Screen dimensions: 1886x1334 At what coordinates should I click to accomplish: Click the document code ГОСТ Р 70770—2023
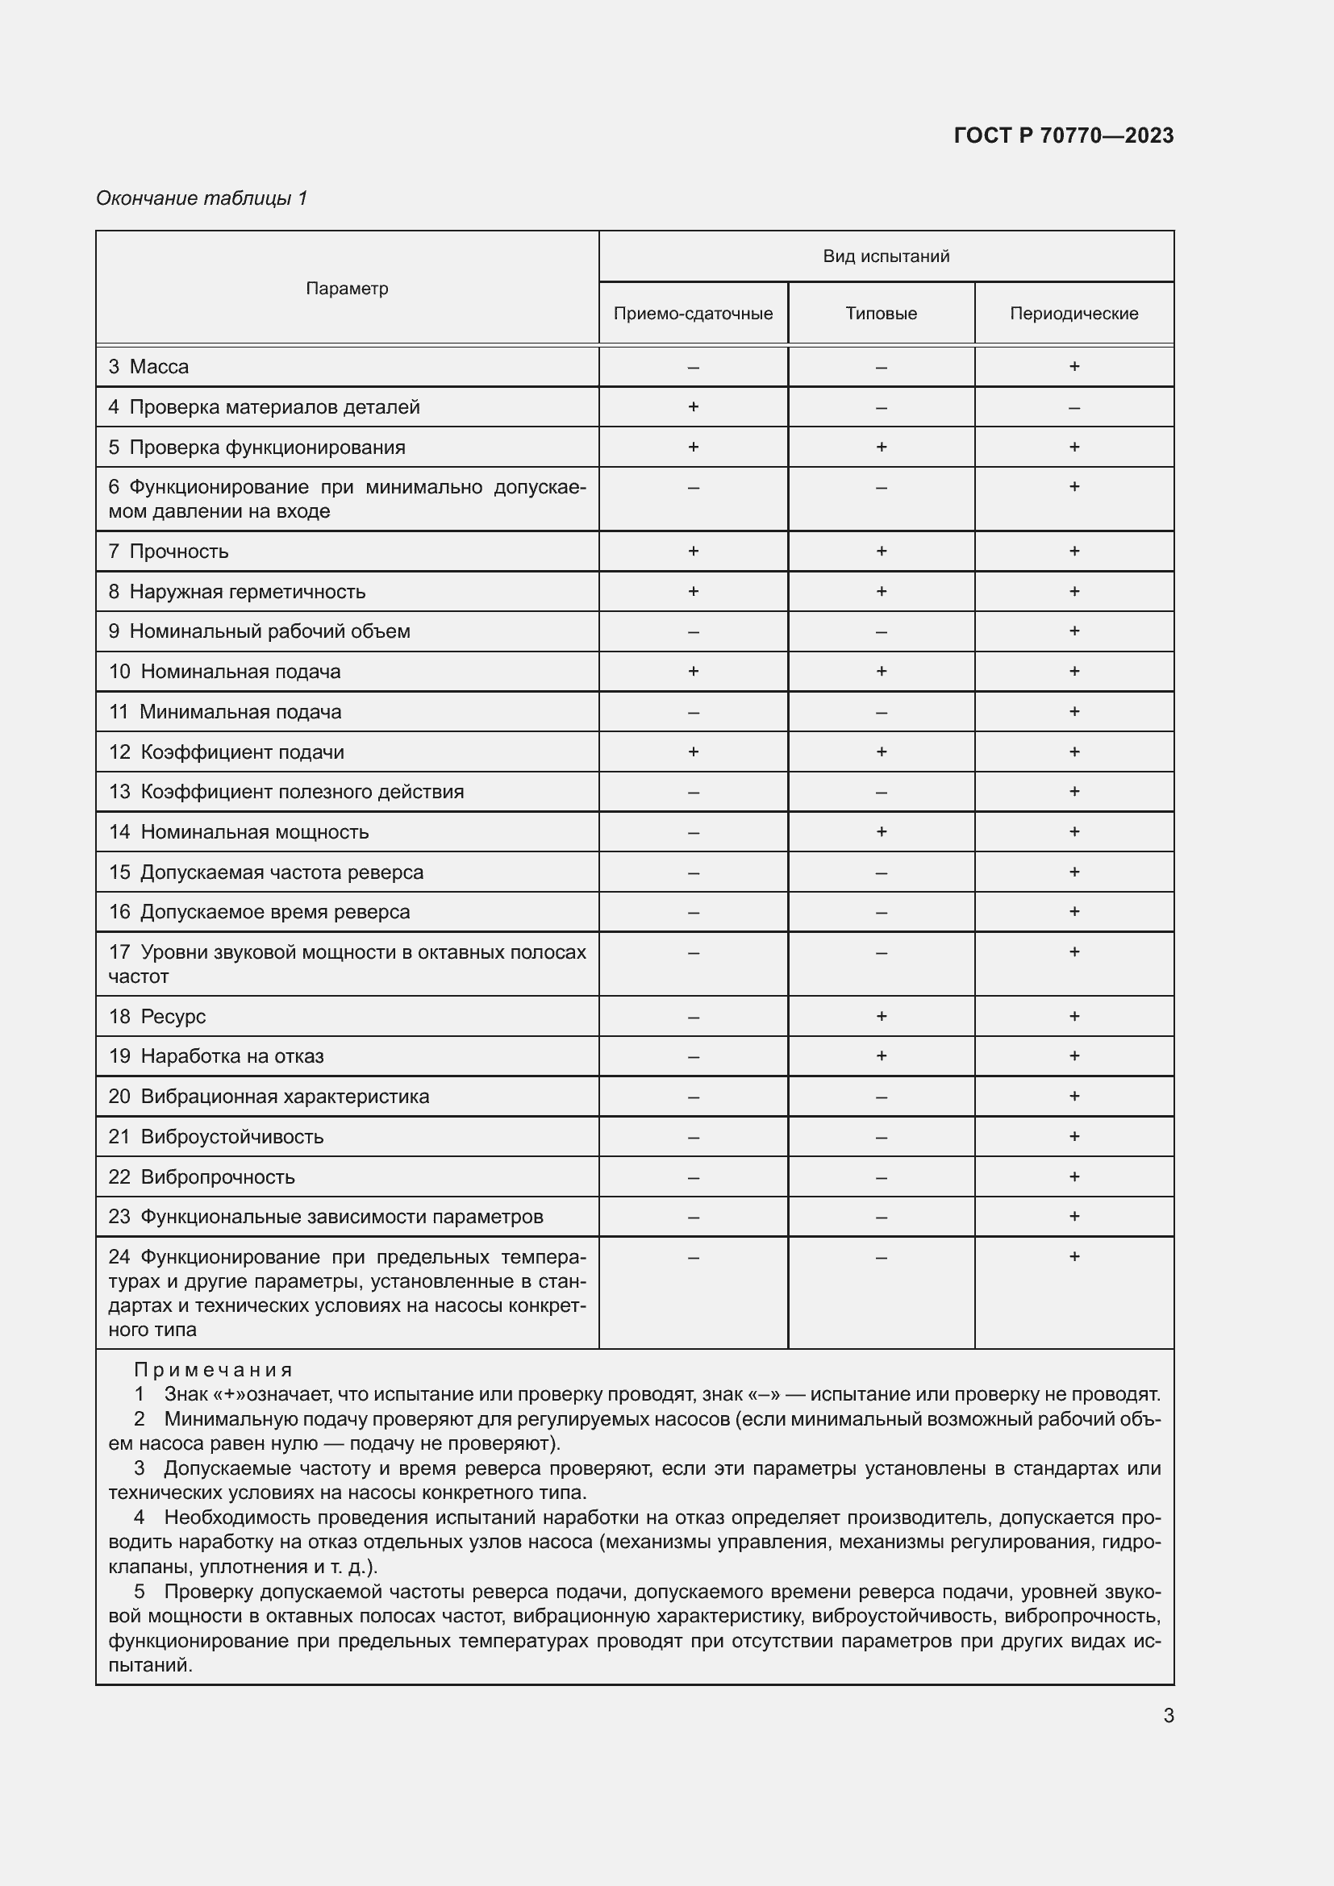click(1063, 135)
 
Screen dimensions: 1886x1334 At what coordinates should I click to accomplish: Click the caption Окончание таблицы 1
click(202, 198)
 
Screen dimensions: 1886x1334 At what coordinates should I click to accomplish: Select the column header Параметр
click(347, 289)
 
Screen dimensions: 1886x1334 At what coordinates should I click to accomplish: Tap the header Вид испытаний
click(886, 256)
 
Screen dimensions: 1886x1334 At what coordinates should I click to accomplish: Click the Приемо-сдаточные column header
click(693, 314)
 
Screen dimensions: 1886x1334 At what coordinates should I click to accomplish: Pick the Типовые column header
click(881, 314)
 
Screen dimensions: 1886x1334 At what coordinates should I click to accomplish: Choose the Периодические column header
click(1073, 314)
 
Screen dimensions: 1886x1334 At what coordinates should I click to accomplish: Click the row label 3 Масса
click(148, 367)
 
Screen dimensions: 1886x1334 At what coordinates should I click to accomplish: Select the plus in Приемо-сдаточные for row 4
click(693, 406)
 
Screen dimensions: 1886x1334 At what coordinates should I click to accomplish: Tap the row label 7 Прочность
click(169, 552)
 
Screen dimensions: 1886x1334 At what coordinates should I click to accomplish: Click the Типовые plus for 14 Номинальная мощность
click(881, 831)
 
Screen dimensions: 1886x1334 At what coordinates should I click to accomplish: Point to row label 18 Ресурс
click(157, 1016)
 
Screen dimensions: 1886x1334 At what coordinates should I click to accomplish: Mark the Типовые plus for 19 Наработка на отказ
click(881, 1055)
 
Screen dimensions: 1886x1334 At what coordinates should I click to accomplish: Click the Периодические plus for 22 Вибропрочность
click(1073, 1176)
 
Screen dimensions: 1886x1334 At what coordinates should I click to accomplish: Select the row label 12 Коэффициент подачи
click(226, 751)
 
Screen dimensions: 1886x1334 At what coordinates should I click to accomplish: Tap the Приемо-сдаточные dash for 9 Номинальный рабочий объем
click(693, 631)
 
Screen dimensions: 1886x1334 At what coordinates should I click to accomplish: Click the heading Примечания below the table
click(213, 1369)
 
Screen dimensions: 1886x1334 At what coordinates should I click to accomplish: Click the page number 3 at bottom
click(1168, 1715)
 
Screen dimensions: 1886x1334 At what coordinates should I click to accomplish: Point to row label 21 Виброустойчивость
click(216, 1137)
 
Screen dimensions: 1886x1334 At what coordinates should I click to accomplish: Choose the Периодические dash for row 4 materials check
click(1073, 407)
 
